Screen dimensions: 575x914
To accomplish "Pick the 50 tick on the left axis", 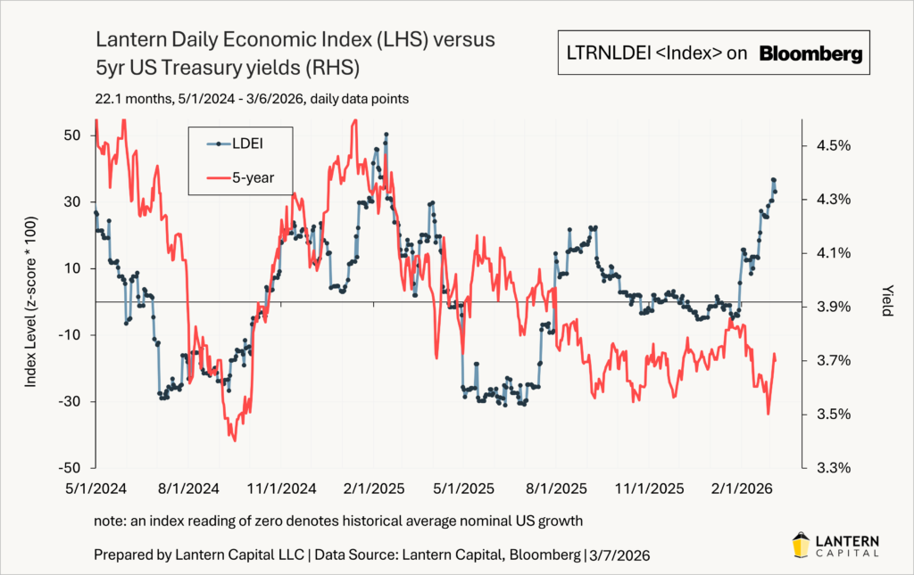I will [x=72, y=135].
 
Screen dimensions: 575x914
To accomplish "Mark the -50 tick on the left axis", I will [x=71, y=468].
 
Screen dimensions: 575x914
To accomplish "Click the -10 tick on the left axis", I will [x=71, y=334].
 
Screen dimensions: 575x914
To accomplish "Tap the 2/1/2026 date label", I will [x=744, y=489].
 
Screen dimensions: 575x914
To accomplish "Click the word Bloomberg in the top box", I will [x=811, y=54].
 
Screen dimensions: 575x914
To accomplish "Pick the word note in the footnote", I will [x=108, y=521].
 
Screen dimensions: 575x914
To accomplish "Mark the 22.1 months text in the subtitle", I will [x=127, y=99].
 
